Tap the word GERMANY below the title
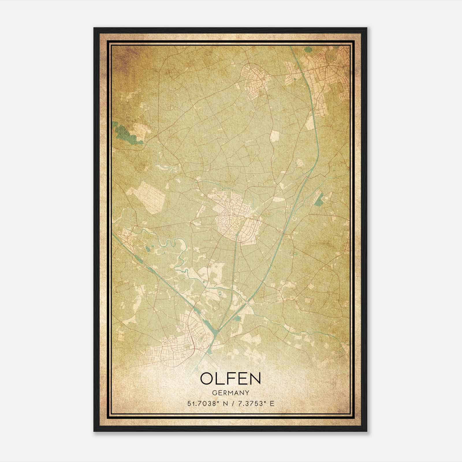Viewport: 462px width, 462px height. point(231,393)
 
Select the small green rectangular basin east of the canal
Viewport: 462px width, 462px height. point(319,199)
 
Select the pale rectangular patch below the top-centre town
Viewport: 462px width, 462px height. point(275,136)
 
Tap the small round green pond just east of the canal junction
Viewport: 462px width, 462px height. point(237,318)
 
